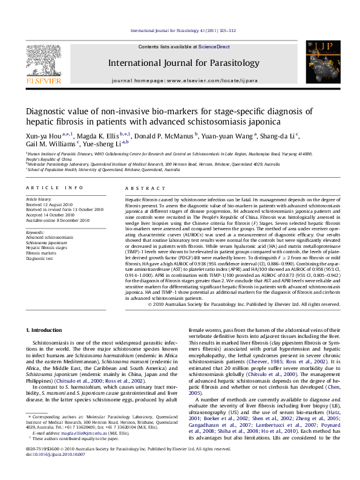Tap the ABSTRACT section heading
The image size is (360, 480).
tap(139, 188)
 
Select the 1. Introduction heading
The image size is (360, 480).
tap(45, 330)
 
